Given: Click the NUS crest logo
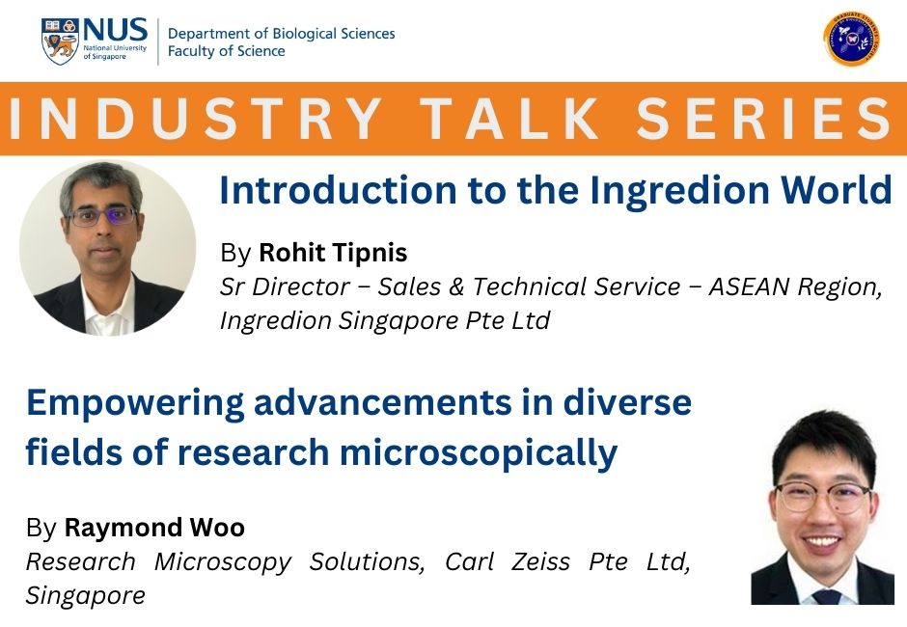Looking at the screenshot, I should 61,41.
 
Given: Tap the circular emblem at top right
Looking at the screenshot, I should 851,40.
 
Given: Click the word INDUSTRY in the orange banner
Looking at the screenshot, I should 197,119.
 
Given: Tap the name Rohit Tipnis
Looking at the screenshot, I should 333,253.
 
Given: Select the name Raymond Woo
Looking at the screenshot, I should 154,528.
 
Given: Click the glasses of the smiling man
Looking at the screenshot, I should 822,498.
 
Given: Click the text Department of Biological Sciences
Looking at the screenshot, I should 281,33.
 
